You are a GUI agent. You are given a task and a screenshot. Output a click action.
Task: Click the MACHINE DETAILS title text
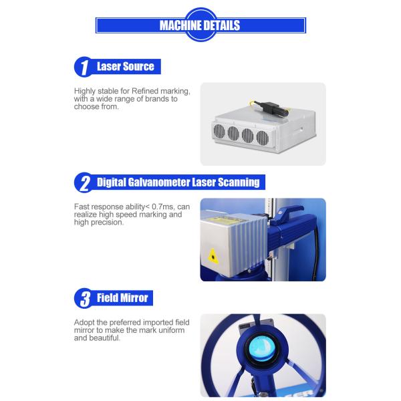200,25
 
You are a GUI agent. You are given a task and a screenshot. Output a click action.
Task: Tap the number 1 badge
84,67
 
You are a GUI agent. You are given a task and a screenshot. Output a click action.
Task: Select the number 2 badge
84,182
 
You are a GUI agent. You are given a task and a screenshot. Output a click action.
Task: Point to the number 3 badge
84,298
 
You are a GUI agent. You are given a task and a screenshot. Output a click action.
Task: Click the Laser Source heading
126,66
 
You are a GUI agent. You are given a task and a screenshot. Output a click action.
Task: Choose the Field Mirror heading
122,298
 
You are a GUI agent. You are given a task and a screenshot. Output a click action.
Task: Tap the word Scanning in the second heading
239,182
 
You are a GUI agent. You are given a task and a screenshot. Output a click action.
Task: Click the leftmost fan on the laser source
219,131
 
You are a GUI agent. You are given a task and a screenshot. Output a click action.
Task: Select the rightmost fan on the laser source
263,138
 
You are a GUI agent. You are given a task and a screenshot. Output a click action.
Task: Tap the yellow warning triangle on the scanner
213,256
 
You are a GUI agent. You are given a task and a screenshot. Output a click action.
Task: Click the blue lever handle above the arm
287,214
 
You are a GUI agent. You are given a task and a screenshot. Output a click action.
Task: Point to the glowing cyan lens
262,349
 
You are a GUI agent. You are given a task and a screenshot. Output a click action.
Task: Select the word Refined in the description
145,91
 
